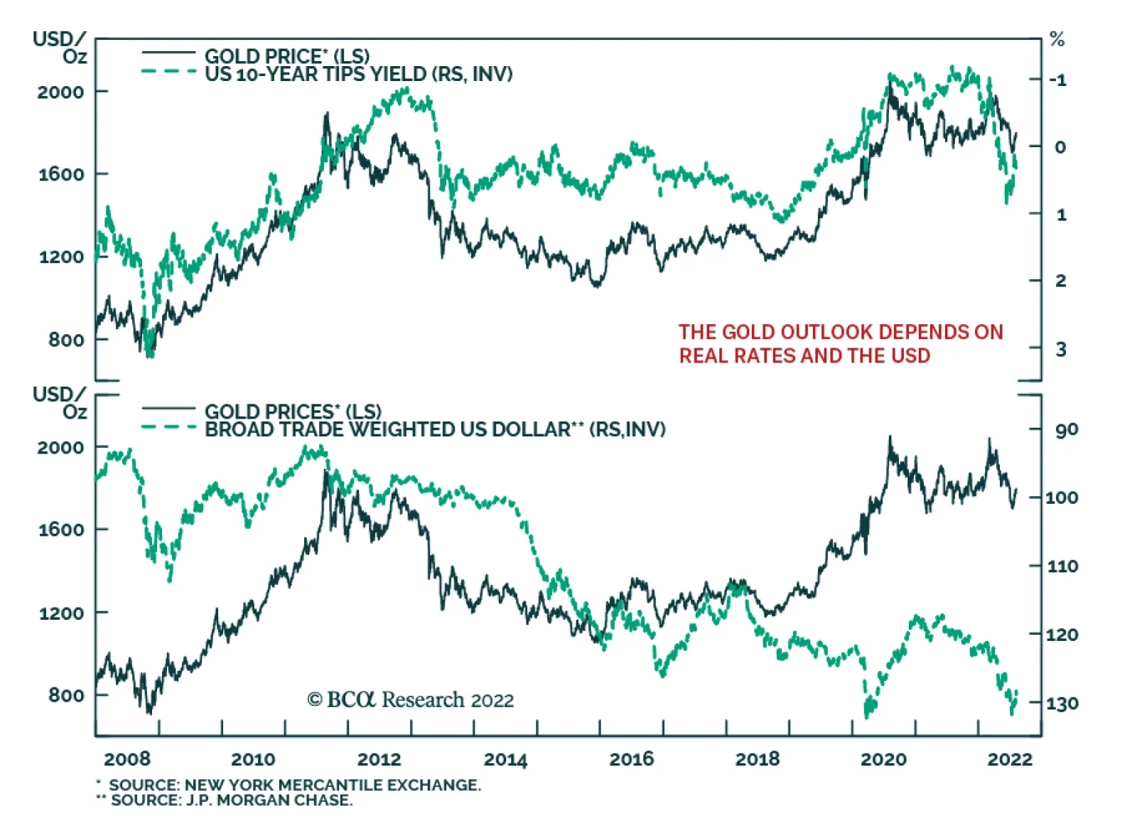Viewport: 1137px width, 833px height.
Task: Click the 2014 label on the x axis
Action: (505, 759)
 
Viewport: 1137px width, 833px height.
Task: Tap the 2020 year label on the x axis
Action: (883, 759)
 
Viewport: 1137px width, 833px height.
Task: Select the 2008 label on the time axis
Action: (127, 759)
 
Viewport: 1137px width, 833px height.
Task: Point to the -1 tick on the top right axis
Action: (1058, 80)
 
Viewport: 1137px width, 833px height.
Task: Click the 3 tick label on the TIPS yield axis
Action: (1060, 349)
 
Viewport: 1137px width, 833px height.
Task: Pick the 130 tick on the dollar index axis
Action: (1062, 703)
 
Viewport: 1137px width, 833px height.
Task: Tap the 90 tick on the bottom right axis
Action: (1066, 429)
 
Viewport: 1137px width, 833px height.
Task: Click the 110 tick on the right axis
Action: (1062, 566)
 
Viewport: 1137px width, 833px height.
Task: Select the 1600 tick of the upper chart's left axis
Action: (61, 174)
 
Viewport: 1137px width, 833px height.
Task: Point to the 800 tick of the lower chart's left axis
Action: (66, 695)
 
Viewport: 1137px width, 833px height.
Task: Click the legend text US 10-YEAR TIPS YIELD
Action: (358, 74)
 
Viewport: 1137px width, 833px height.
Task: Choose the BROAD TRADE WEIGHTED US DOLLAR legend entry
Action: (435, 429)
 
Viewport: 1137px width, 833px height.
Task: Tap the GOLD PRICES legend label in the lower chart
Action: (292, 412)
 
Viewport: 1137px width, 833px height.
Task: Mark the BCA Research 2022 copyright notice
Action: (410, 700)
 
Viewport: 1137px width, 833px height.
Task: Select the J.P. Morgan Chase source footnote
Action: (231, 800)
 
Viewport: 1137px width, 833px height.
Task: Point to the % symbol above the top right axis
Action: (1057, 40)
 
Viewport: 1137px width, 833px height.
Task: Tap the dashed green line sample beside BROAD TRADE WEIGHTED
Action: (168, 427)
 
